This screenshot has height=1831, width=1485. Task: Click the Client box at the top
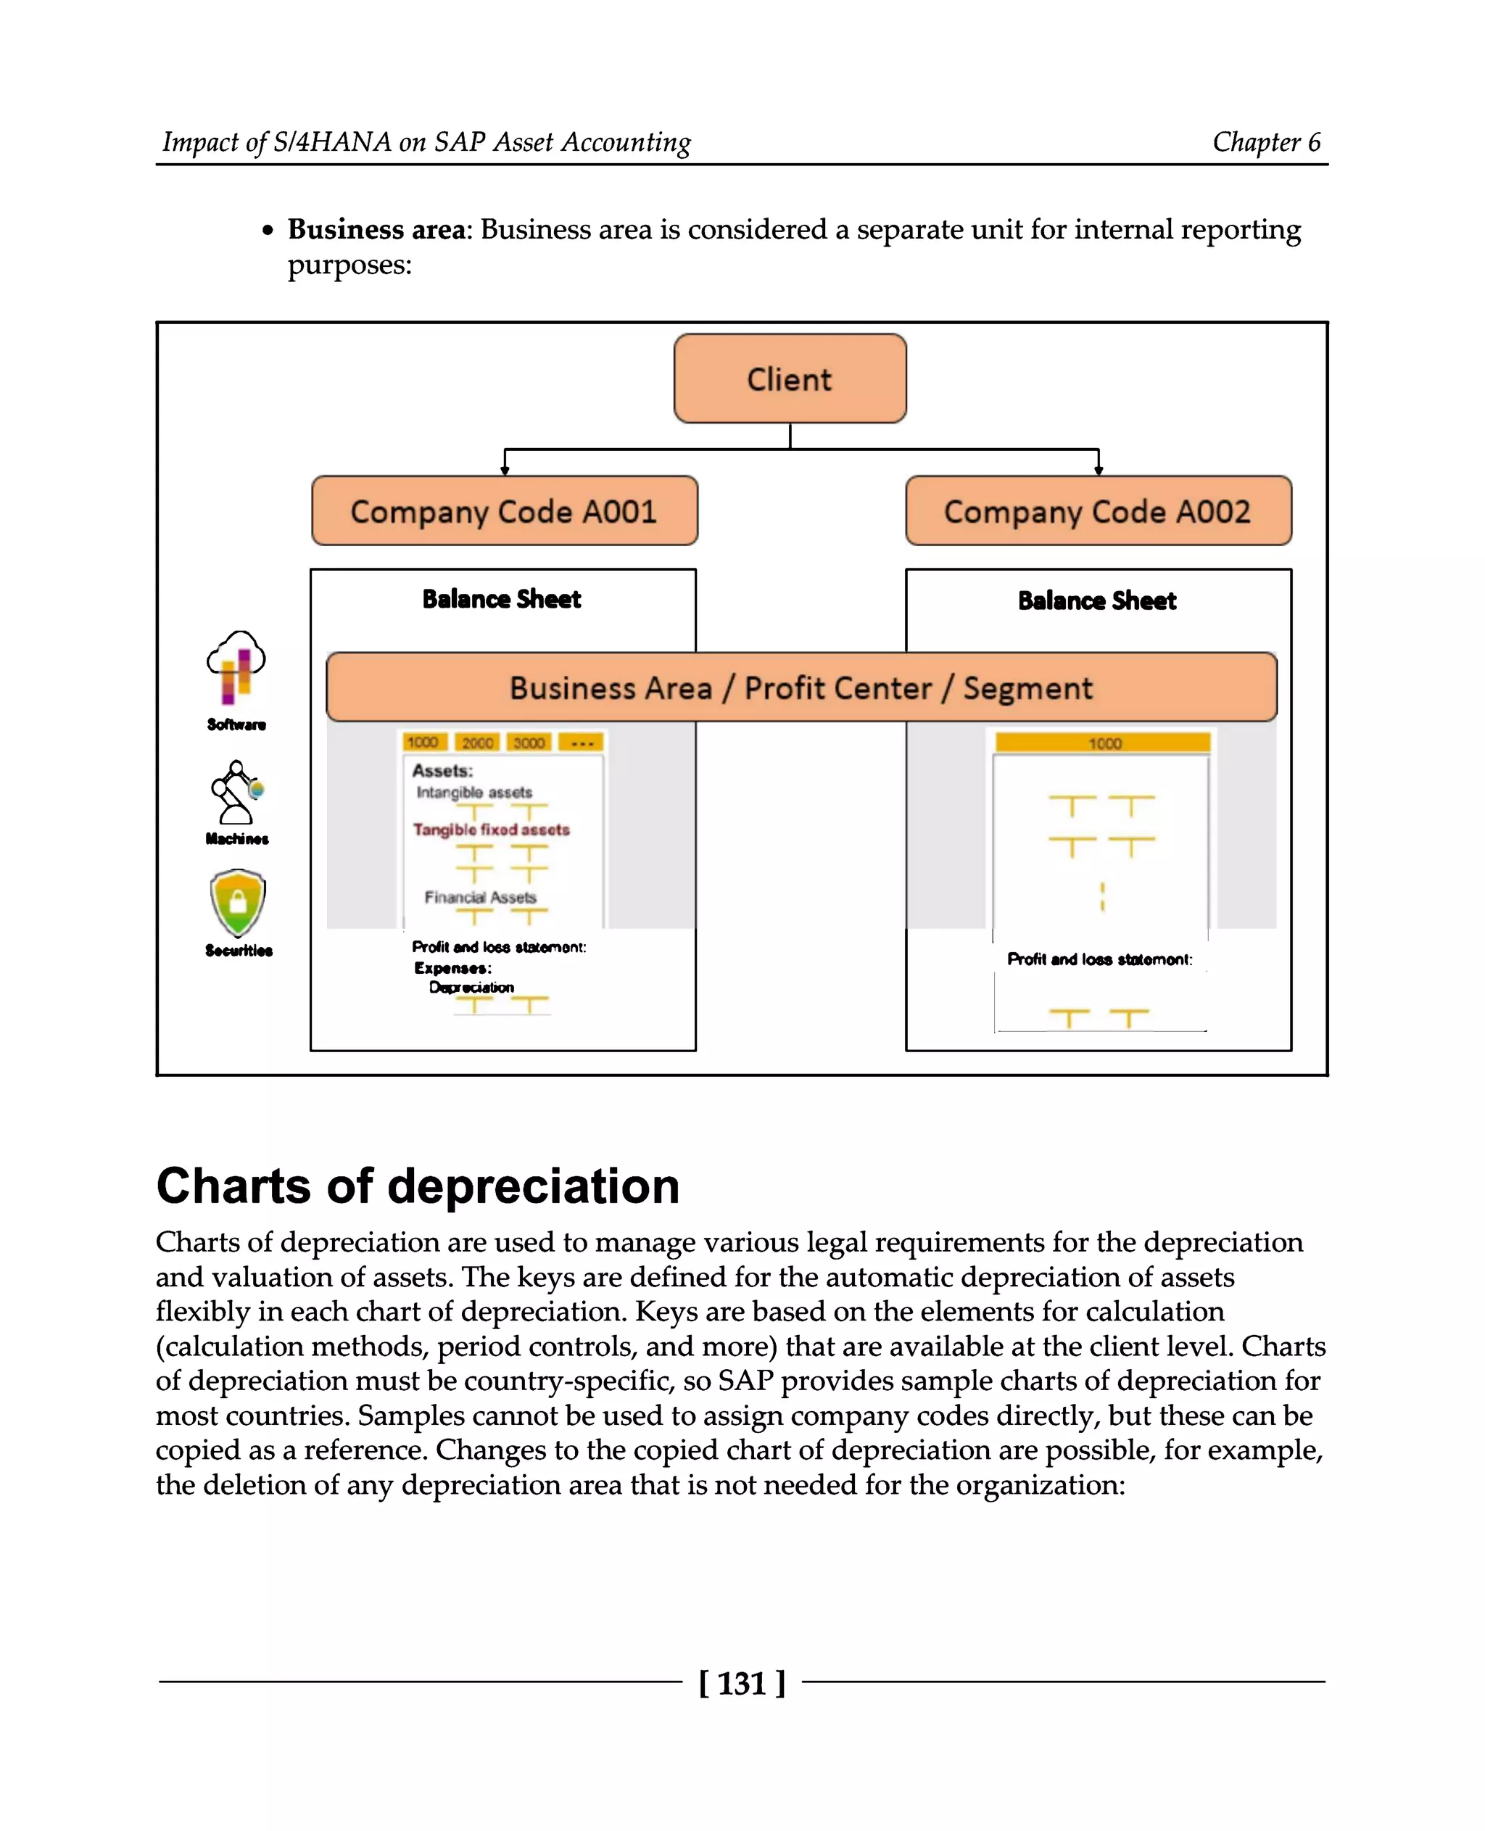tap(790, 379)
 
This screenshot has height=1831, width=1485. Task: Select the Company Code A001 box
tap(504, 511)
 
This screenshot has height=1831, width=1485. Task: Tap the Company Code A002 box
tap(1098, 511)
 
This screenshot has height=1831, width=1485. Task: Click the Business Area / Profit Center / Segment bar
tap(801, 687)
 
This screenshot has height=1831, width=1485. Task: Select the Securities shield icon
tap(238, 903)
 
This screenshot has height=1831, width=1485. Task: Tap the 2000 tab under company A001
tap(477, 743)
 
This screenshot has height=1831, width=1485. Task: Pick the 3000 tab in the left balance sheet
tap(529, 743)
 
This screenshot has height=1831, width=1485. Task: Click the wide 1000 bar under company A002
tap(1103, 743)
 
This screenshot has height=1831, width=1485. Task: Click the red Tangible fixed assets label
tap(491, 829)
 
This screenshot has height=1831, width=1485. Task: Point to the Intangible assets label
tap(474, 793)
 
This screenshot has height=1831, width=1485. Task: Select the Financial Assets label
tap(480, 897)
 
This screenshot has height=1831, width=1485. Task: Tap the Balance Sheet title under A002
tap(1096, 600)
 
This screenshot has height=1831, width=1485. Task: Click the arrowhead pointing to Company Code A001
tap(505, 470)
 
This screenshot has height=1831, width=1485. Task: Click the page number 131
tap(742, 1682)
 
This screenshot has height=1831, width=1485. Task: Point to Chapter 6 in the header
tap(1266, 141)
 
